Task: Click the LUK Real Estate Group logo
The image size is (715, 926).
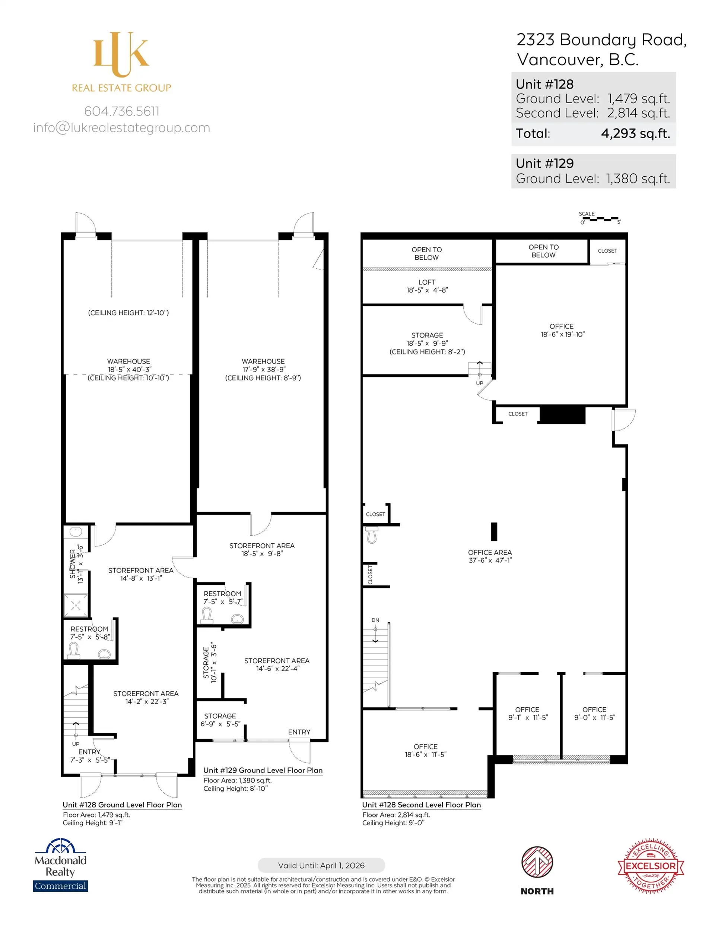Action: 122,62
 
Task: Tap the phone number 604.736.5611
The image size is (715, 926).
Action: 122,111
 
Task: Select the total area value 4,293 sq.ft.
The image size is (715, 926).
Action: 635,133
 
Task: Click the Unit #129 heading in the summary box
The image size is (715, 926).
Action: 544,163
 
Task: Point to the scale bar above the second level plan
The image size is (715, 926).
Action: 600,219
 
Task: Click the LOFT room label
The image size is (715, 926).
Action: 427,282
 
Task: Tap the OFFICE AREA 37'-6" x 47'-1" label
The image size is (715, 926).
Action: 490,556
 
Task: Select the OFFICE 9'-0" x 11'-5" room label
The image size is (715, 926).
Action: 594,713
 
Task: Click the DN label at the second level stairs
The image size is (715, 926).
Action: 375,620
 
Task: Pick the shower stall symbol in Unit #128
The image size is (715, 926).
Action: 76,606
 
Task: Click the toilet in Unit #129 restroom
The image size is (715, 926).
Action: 207,615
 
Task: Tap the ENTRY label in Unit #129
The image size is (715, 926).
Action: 299,732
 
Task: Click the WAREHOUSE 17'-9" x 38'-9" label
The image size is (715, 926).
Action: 263,369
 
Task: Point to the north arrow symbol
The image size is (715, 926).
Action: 537,862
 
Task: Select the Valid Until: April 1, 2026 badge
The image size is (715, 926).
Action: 321,865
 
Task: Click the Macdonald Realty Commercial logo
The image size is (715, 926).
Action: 61,865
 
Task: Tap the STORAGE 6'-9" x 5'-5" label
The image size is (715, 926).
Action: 220,720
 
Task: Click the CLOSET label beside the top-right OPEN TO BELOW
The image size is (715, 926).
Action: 607,250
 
